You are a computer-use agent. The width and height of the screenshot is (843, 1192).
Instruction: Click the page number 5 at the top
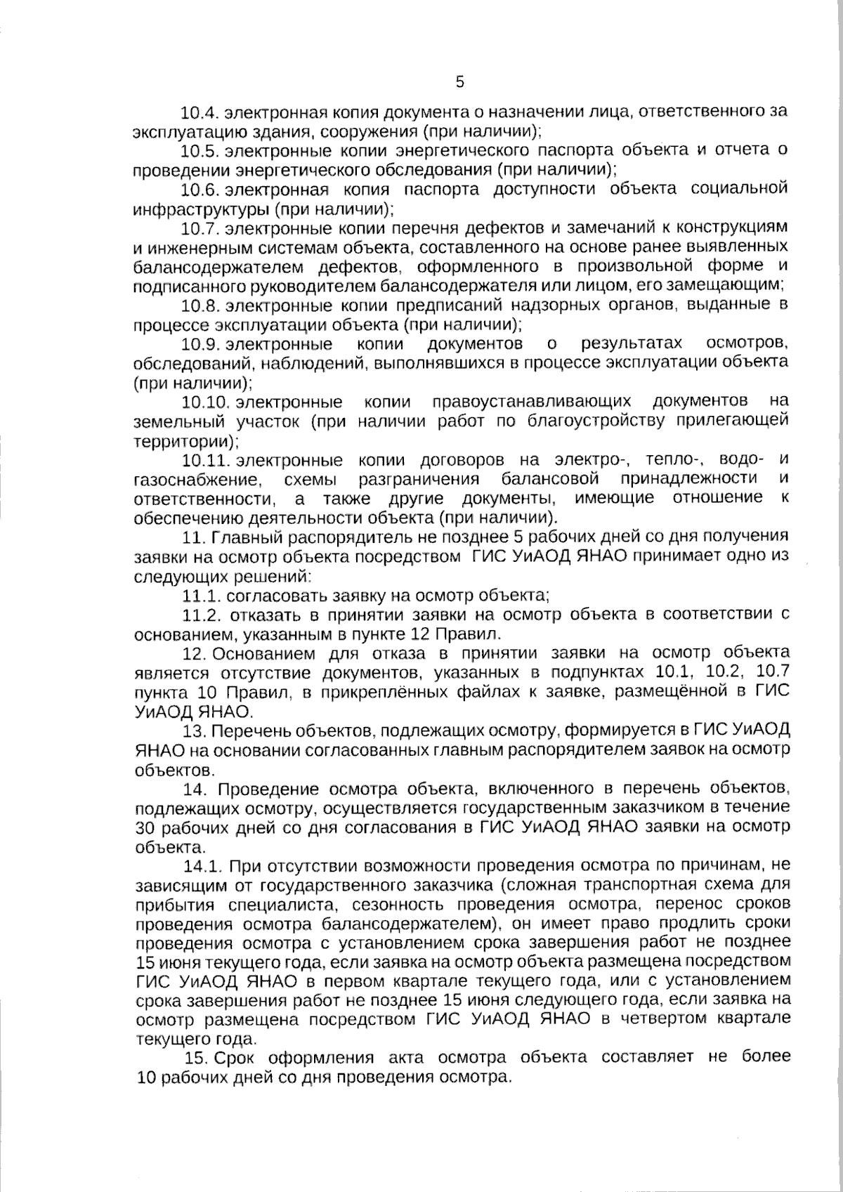(459, 82)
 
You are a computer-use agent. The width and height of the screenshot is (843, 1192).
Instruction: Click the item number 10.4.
(201, 112)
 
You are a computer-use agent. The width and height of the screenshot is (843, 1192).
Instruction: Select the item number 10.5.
(201, 151)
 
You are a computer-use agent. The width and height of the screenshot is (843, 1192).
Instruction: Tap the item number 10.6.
(201, 190)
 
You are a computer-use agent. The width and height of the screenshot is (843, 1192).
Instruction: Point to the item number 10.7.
(201, 228)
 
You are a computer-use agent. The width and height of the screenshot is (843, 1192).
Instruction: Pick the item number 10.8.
(201, 306)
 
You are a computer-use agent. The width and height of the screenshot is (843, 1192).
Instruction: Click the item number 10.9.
(201, 344)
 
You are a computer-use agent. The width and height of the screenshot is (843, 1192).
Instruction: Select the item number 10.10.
(206, 402)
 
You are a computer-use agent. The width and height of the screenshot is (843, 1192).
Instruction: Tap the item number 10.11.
(206, 460)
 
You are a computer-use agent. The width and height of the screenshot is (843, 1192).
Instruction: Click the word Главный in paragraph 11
(241, 537)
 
